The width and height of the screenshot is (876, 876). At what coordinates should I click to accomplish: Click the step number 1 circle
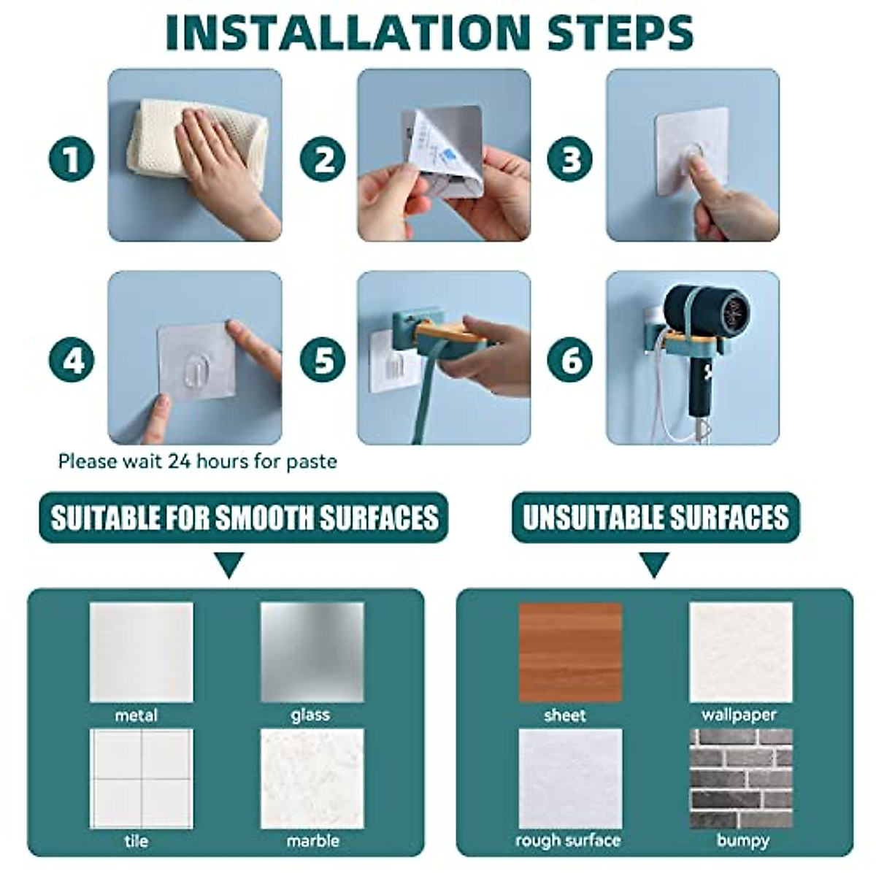[72, 159]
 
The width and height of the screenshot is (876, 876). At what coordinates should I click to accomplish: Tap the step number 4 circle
[72, 361]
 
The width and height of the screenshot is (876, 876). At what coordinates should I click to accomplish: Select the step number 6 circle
[571, 361]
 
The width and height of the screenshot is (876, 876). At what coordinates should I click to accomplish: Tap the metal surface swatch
[141, 652]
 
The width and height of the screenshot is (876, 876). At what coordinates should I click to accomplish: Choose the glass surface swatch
[312, 652]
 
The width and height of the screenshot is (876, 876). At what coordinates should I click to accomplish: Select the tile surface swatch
[141, 778]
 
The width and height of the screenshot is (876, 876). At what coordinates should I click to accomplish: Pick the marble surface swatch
[312, 778]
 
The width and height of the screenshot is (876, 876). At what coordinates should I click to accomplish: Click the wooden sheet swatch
[570, 652]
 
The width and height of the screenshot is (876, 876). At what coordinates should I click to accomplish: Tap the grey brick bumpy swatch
[741, 778]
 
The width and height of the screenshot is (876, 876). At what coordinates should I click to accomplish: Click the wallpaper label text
[739, 715]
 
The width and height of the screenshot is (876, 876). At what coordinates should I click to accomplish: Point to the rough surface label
[568, 840]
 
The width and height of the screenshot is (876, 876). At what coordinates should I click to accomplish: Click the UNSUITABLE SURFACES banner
[655, 518]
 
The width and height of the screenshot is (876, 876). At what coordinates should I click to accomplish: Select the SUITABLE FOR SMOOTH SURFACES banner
[244, 518]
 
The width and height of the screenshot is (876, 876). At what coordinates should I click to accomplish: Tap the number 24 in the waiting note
[178, 461]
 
